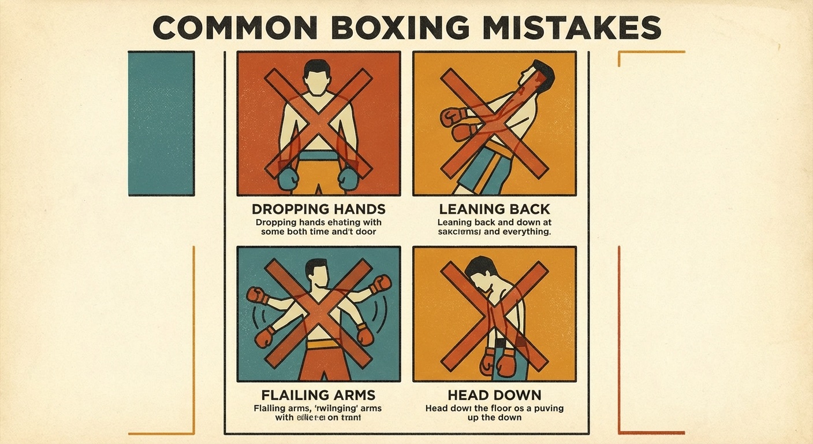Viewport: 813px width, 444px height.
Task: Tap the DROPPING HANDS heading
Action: tap(319, 209)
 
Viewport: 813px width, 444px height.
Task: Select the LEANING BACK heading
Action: tap(494, 209)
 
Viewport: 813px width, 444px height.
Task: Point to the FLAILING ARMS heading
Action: tap(318, 395)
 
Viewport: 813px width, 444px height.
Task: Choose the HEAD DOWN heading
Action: tap(494, 395)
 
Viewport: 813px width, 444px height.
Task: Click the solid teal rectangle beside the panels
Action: tap(161, 123)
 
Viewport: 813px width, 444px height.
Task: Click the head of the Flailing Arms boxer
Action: tap(316, 271)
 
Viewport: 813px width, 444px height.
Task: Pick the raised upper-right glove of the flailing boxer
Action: tap(379, 284)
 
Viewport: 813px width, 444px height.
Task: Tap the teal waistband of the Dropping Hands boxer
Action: tap(318, 156)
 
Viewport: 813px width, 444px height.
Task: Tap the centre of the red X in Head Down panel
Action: tap(494, 315)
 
